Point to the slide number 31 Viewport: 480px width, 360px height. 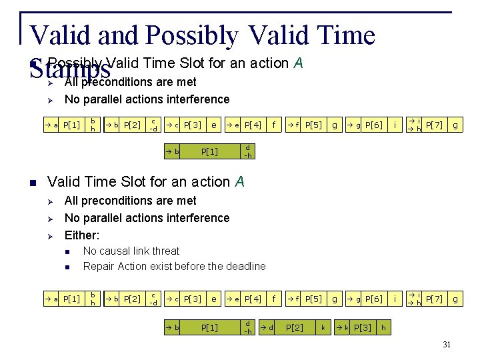click(x=447, y=344)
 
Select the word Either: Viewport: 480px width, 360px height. click(x=82, y=235)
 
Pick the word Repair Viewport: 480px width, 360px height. click(x=99, y=266)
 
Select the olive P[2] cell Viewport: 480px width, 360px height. click(x=295, y=327)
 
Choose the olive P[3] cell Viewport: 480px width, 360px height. click(x=363, y=327)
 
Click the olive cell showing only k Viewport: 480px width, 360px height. click(x=323, y=327)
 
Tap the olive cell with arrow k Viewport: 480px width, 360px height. click(x=341, y=327)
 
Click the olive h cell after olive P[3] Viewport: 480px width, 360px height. click(x=383, y=327)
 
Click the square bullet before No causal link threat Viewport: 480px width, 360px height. click(x=67, y=251)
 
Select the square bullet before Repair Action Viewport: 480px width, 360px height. click(x=67, y=267)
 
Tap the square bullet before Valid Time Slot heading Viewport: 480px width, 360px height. click(x=32, y=182)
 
